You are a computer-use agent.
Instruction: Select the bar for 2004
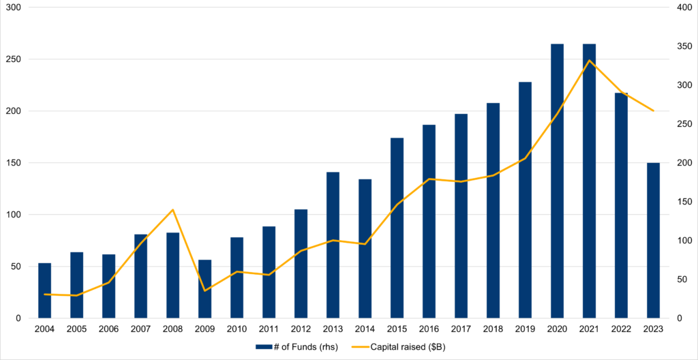(44, 290)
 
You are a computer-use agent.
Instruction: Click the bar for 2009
(204, 289)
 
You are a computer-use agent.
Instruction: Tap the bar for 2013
(333, 245)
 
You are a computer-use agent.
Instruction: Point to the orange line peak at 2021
(589, 61)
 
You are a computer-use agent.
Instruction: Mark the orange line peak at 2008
(172, 209)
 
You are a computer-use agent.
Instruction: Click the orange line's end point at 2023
(653, 110)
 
